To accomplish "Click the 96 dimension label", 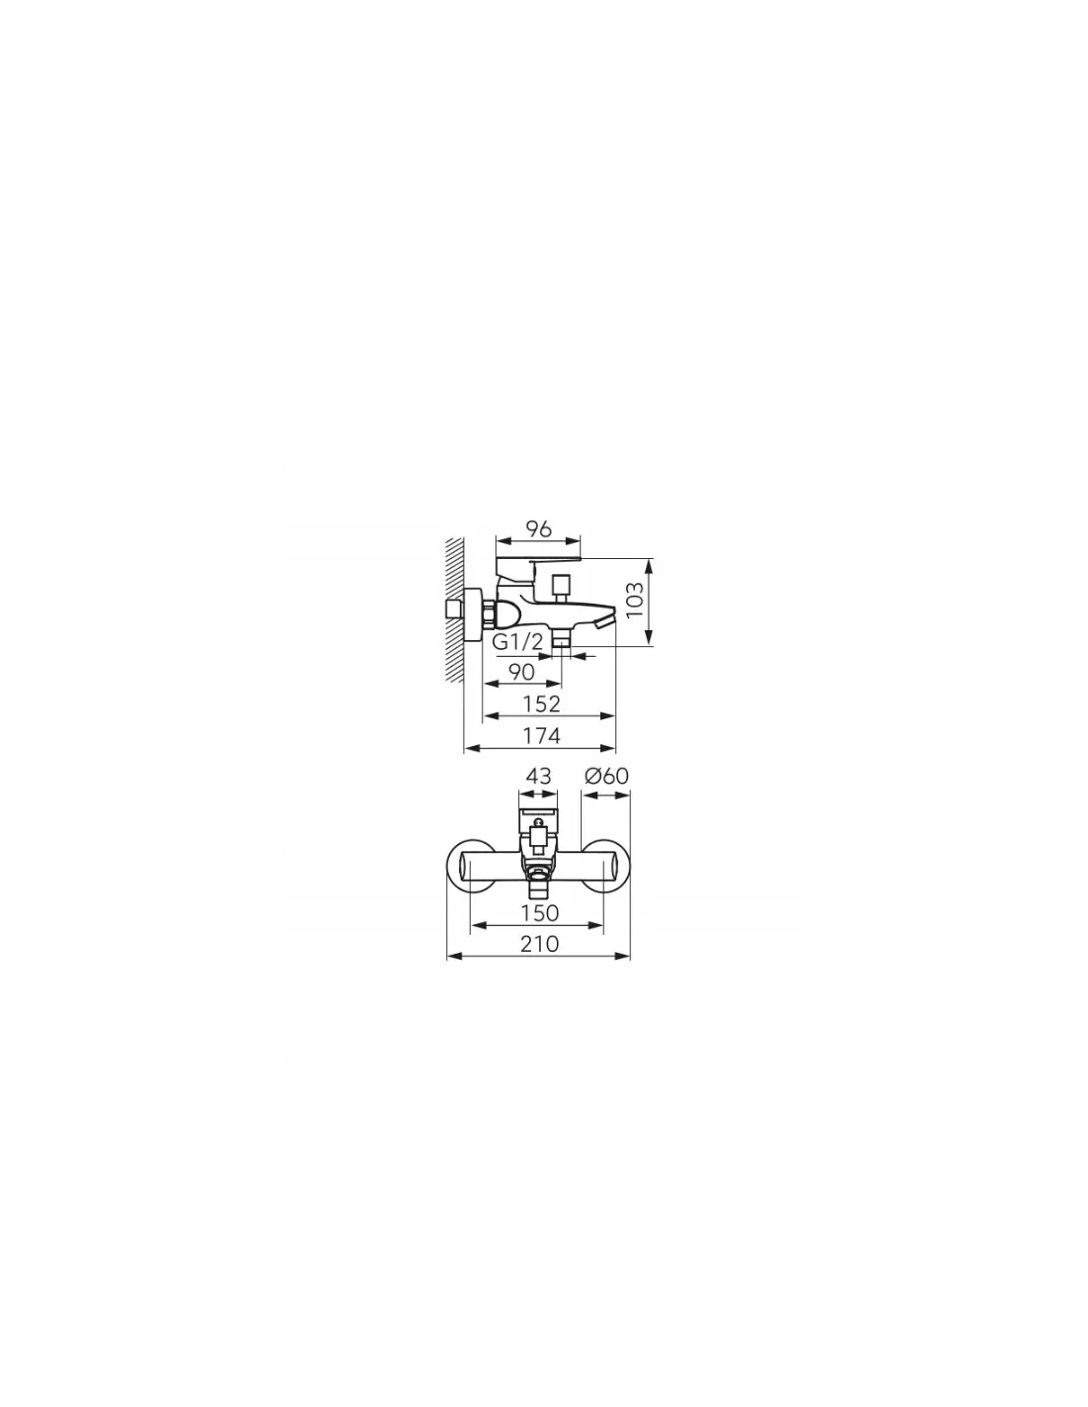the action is click(538, 529).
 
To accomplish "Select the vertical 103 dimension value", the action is click(635, 600).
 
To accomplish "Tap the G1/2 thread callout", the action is click(517, 642).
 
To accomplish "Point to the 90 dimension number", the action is click(521, 672).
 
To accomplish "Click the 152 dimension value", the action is click(542, 703).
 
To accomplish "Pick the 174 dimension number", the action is click(542, 736).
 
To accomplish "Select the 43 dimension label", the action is click(538, 775).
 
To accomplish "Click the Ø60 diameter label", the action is click(606, 775).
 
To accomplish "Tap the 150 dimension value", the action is click(539, 913).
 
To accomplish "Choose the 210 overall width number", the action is click(539, 944).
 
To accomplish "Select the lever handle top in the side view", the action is click(538, 559).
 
